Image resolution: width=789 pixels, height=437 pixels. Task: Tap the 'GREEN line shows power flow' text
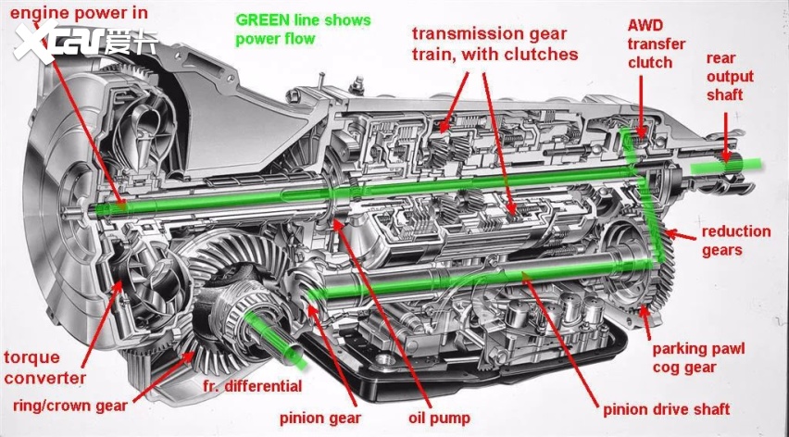click(x=303, y=30)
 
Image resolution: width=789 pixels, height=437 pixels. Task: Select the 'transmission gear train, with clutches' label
click(x=495, y=44)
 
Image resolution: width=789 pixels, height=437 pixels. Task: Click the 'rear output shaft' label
click(x=730, y=76)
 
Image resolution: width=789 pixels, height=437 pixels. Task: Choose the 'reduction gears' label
click(x=735, y=241)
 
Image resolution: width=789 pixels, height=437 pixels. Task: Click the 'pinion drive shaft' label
click(x=666, y=409)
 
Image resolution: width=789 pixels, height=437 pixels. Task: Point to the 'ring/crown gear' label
click(x=70, y=406)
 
